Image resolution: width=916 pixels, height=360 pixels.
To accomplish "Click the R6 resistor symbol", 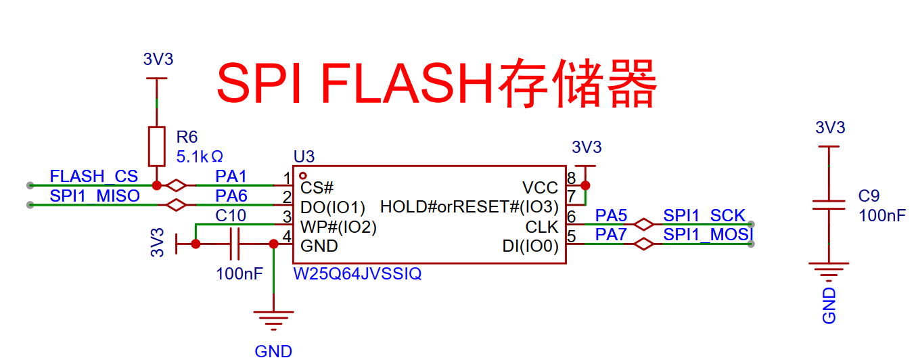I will [157, 145].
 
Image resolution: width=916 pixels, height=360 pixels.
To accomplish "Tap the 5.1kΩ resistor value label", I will [200, 157].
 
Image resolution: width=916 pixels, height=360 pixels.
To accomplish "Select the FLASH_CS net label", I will [93, 177].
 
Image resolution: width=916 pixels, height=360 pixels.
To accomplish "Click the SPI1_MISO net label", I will [95, 196].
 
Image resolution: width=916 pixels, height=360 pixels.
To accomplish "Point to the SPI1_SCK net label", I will [704, 216].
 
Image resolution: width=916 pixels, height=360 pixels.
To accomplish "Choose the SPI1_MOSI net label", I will [708, 235].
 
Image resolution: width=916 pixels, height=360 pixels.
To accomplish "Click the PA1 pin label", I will [231, 177].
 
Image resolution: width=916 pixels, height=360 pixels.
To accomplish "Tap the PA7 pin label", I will [611, 235].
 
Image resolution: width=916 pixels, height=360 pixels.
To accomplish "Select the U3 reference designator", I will [304, 157].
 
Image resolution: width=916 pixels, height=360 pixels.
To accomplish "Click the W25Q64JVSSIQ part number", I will [357, 274].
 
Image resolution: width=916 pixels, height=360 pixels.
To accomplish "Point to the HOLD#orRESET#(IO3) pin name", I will [470, 206].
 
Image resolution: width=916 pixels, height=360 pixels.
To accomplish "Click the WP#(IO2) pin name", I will [338, 227].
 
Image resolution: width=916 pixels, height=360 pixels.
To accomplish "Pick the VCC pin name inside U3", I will [540, 187].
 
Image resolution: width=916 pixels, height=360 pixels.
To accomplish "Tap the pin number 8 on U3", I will [572, 179].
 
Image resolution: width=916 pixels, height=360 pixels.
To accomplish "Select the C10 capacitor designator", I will [231, 216].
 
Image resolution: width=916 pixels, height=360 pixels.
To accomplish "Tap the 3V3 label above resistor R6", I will [158, 60].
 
